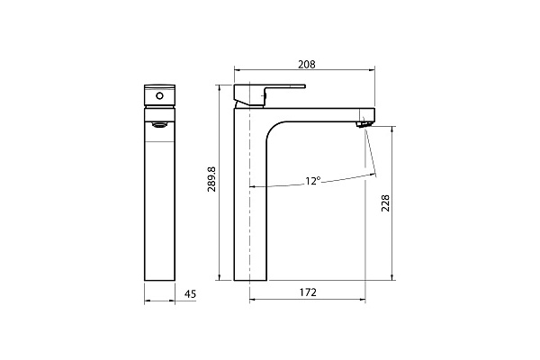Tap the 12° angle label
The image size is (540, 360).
(x=312, y=181)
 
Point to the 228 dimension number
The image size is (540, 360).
(x=385, y=202)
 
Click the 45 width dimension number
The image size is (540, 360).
(x=190, y=293)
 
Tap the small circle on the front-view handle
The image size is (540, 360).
(x=160, y=94)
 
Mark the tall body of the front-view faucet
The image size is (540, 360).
(x=160, y=198)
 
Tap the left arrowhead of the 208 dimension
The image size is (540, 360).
(x=237, y=71)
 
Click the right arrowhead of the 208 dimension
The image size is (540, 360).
(x=370, y=71)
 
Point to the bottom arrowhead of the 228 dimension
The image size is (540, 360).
(x=393, y=276)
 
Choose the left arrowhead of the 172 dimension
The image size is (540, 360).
(x=253, y=300)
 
